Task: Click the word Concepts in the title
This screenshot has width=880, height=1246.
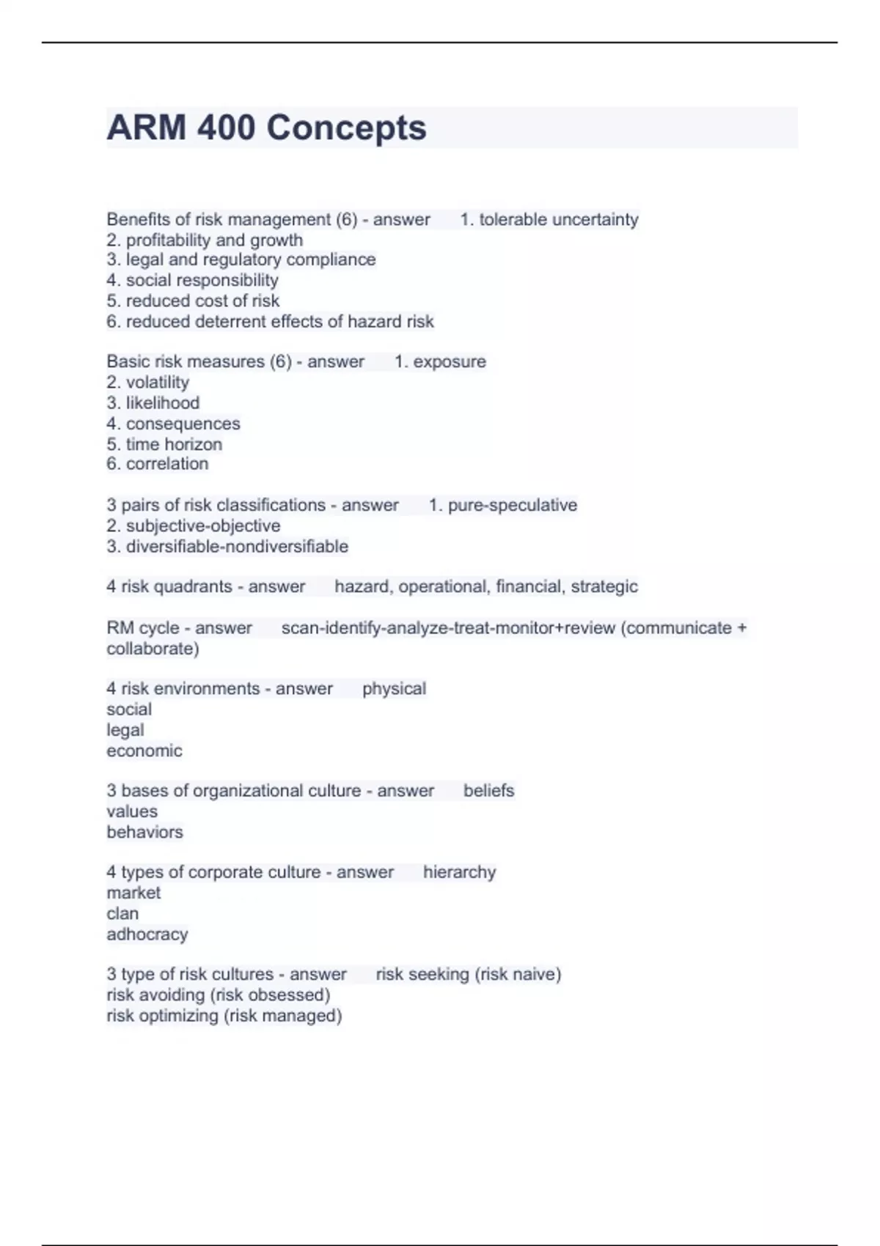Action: coord(346,128)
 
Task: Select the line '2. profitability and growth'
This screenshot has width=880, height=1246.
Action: coord(205,240)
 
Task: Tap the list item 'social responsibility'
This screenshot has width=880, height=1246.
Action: coord(202,280)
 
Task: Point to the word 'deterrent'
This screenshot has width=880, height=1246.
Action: coord(219,321)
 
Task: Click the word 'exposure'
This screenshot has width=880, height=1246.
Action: coord(450,361)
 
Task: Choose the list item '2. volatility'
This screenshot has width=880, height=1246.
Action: coord(147,382)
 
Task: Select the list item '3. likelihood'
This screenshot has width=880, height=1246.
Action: coord(153,402)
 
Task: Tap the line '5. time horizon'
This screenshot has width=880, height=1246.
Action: coord(164,444)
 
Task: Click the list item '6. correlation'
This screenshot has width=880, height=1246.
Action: coord(157,463)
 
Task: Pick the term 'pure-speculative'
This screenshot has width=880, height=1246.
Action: coord(512,505)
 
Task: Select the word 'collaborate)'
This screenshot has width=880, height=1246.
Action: coord(153,649)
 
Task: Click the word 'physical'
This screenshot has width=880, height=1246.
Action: coord(394,688)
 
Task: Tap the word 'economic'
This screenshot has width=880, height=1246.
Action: coord(144,751)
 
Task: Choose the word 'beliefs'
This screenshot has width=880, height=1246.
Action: coord(488,790)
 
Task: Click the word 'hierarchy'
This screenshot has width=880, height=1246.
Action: coord(459,871)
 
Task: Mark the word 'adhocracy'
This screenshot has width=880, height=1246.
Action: coord(147,934)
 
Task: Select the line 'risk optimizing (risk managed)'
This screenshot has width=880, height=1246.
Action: coord(224,1015)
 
